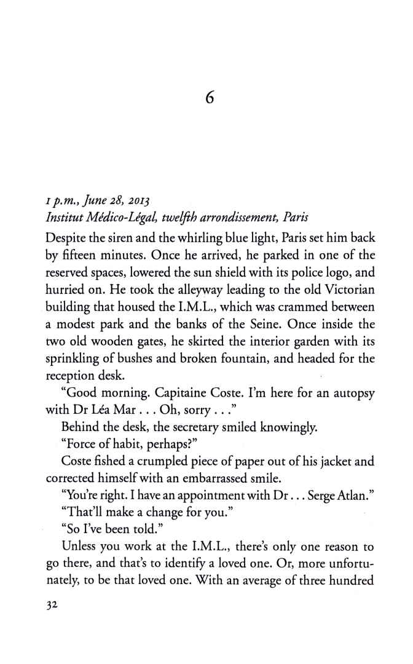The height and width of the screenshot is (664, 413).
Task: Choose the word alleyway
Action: click(x=189, y=288)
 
